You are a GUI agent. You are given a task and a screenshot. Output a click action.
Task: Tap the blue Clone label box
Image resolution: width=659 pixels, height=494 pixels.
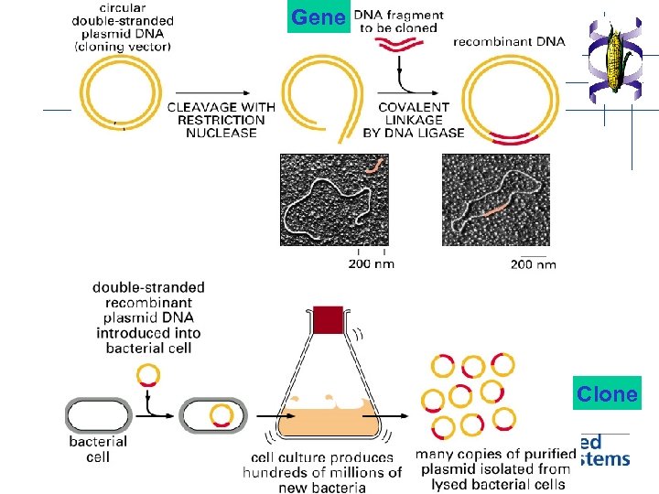click(x=607, y=394)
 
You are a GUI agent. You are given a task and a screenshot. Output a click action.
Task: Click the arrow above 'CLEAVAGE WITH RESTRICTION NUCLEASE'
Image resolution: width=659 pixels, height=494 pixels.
click(x=220, y=92)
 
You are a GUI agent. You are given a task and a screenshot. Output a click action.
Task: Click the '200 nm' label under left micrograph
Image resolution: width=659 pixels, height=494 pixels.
click(x=371, y=264)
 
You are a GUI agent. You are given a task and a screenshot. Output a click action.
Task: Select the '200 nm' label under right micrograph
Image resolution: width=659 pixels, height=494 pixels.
click(x=533, y=264)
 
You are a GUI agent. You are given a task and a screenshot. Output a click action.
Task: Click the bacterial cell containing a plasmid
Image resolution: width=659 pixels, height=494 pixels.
click(x=213, y=415)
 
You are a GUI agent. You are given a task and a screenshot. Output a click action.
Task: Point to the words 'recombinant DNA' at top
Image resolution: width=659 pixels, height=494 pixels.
click(x=509, y=41)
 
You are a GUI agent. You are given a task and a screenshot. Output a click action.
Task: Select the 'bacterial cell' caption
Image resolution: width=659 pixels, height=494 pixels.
click(x=98, y=449)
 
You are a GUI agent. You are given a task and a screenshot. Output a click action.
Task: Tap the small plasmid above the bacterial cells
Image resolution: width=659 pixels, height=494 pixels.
click(x=147, y=375)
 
